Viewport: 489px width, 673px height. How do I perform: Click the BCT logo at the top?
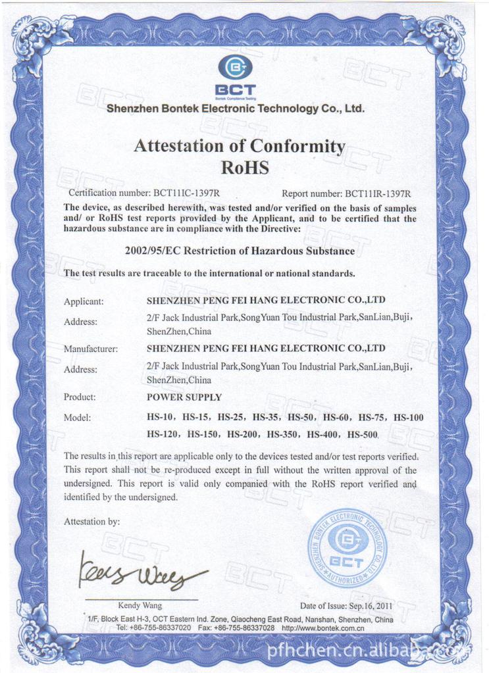(x=234, y=74)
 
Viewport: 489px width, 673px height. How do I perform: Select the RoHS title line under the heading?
(x=244, y=167)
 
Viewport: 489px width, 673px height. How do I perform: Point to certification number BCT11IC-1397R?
(x=186, y=193)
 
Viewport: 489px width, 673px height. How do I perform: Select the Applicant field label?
(x=84, y=301)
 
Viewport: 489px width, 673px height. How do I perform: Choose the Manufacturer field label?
(x=90, y=349)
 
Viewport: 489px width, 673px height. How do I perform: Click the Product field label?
(x=80, y=397)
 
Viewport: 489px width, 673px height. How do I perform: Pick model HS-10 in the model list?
(x=159, y=417)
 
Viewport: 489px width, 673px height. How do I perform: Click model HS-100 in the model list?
(x=408, y=417)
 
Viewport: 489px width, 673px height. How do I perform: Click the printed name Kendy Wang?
(x=140, y=605)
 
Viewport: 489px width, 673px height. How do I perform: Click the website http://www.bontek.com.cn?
(x=322, y=628)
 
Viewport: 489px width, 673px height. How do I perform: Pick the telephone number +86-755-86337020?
(x=161, y=628)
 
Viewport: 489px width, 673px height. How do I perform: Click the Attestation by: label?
(x=91, y=522)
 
